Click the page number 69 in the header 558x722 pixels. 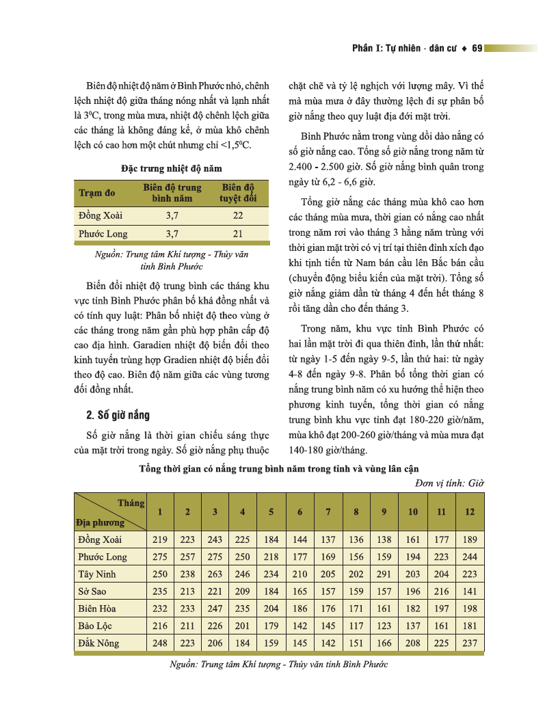pyautogui.click(x=477, y=49)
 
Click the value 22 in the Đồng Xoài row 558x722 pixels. pyautogui.click(x=237, y=216)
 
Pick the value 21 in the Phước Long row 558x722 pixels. pyautogui.click(x=237, y=234)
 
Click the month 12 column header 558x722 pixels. pyautogui.click(x=470, y=512)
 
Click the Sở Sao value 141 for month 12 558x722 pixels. pyautogui.click(x=470, y=591)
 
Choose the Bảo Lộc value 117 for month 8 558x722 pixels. pyautogui.click(x=356, y=626)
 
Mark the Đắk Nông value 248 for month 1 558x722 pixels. pyautogui.click(x=160, y=643)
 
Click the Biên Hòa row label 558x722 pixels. pyautogui.click(x=97, y=609)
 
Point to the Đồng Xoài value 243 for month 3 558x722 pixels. pyautogui.click(x=215, y=539)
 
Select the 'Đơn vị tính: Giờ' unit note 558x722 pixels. pyautogui.click(x=449, y=483)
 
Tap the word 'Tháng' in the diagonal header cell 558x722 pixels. pyautogui.click(x=131, y=503)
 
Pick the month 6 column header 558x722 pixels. pyautogui.click(x=300, y=512)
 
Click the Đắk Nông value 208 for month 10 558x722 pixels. pyautogui.click(x=413, y=643)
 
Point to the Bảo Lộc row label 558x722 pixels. pyautogui.click(x=96, y=626)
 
